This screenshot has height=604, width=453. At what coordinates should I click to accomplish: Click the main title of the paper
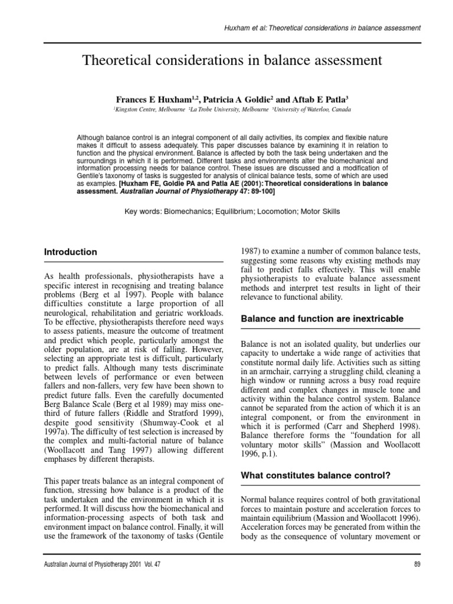pos(232,60)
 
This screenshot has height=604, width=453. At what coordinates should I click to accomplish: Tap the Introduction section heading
pos(71,252)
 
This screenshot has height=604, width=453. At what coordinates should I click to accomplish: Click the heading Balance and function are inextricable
pos(322,319)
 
